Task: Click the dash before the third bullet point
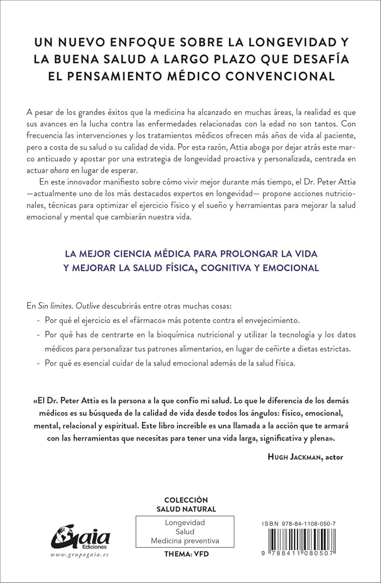click(37, 363)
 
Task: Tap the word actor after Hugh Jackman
click(334, 457)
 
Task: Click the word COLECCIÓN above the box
click(186, 500)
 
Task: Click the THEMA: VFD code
click(186, 553)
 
